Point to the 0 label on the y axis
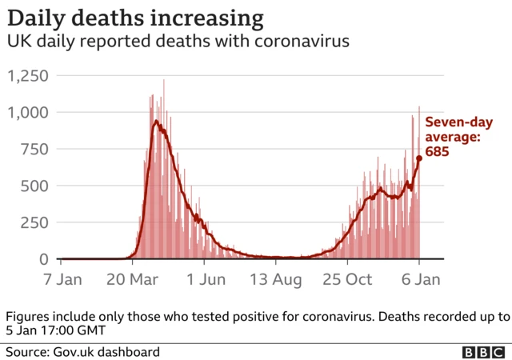click(44, 259)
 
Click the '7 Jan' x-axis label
click(62, 280)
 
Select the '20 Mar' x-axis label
click(133, 280)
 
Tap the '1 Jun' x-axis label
click(204, 280)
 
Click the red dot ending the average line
click(418, 158)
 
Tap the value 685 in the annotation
click(437, 152)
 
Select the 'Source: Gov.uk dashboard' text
click(82, 352)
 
